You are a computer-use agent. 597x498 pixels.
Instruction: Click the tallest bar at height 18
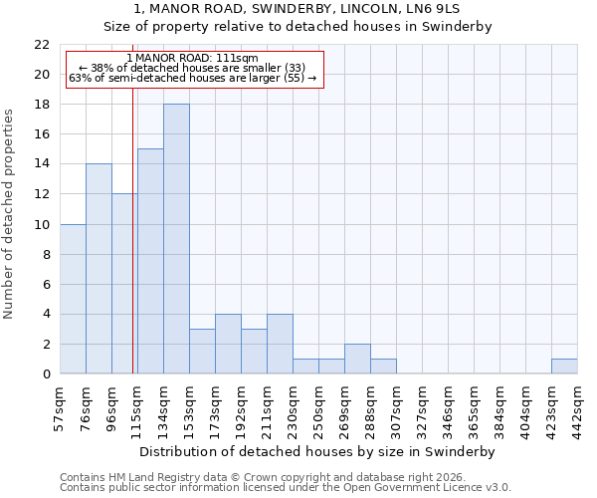[176, 239]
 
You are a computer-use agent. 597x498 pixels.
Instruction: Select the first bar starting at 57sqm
[73, 299]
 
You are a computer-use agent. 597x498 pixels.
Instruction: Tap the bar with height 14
[99, 269]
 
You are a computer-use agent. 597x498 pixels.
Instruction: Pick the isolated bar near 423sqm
[564, 367]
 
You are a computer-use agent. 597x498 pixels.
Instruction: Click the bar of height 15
[150, 261]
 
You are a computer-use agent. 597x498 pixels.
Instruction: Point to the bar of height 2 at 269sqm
[357, 359]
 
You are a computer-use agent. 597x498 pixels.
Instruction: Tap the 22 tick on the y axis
[42, 45]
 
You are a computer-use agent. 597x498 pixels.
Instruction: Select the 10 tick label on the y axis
[42, 225]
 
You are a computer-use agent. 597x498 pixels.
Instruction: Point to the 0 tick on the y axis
[46, 374]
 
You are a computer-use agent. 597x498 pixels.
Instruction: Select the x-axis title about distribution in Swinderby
[318, 451]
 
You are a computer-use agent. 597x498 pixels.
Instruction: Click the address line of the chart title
[298, 9]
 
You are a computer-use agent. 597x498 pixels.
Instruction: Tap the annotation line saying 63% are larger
[193, 78]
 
